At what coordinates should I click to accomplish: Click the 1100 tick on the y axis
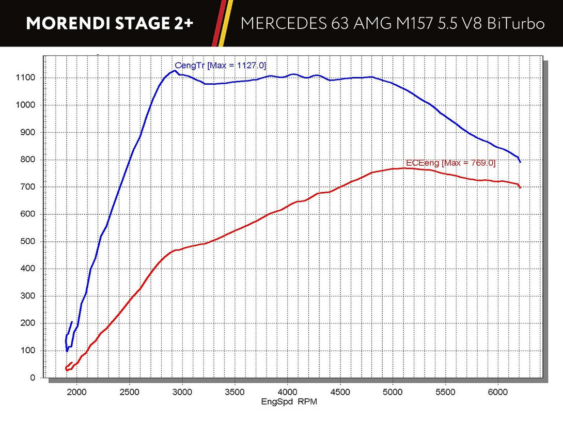25,78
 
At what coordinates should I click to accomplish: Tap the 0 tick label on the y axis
33,378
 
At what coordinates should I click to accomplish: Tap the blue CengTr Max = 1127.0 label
221,65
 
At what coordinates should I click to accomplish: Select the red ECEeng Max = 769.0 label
450,163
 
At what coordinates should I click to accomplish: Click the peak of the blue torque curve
176,71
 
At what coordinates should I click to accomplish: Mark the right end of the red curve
520,187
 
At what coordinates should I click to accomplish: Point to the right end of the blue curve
520,161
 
